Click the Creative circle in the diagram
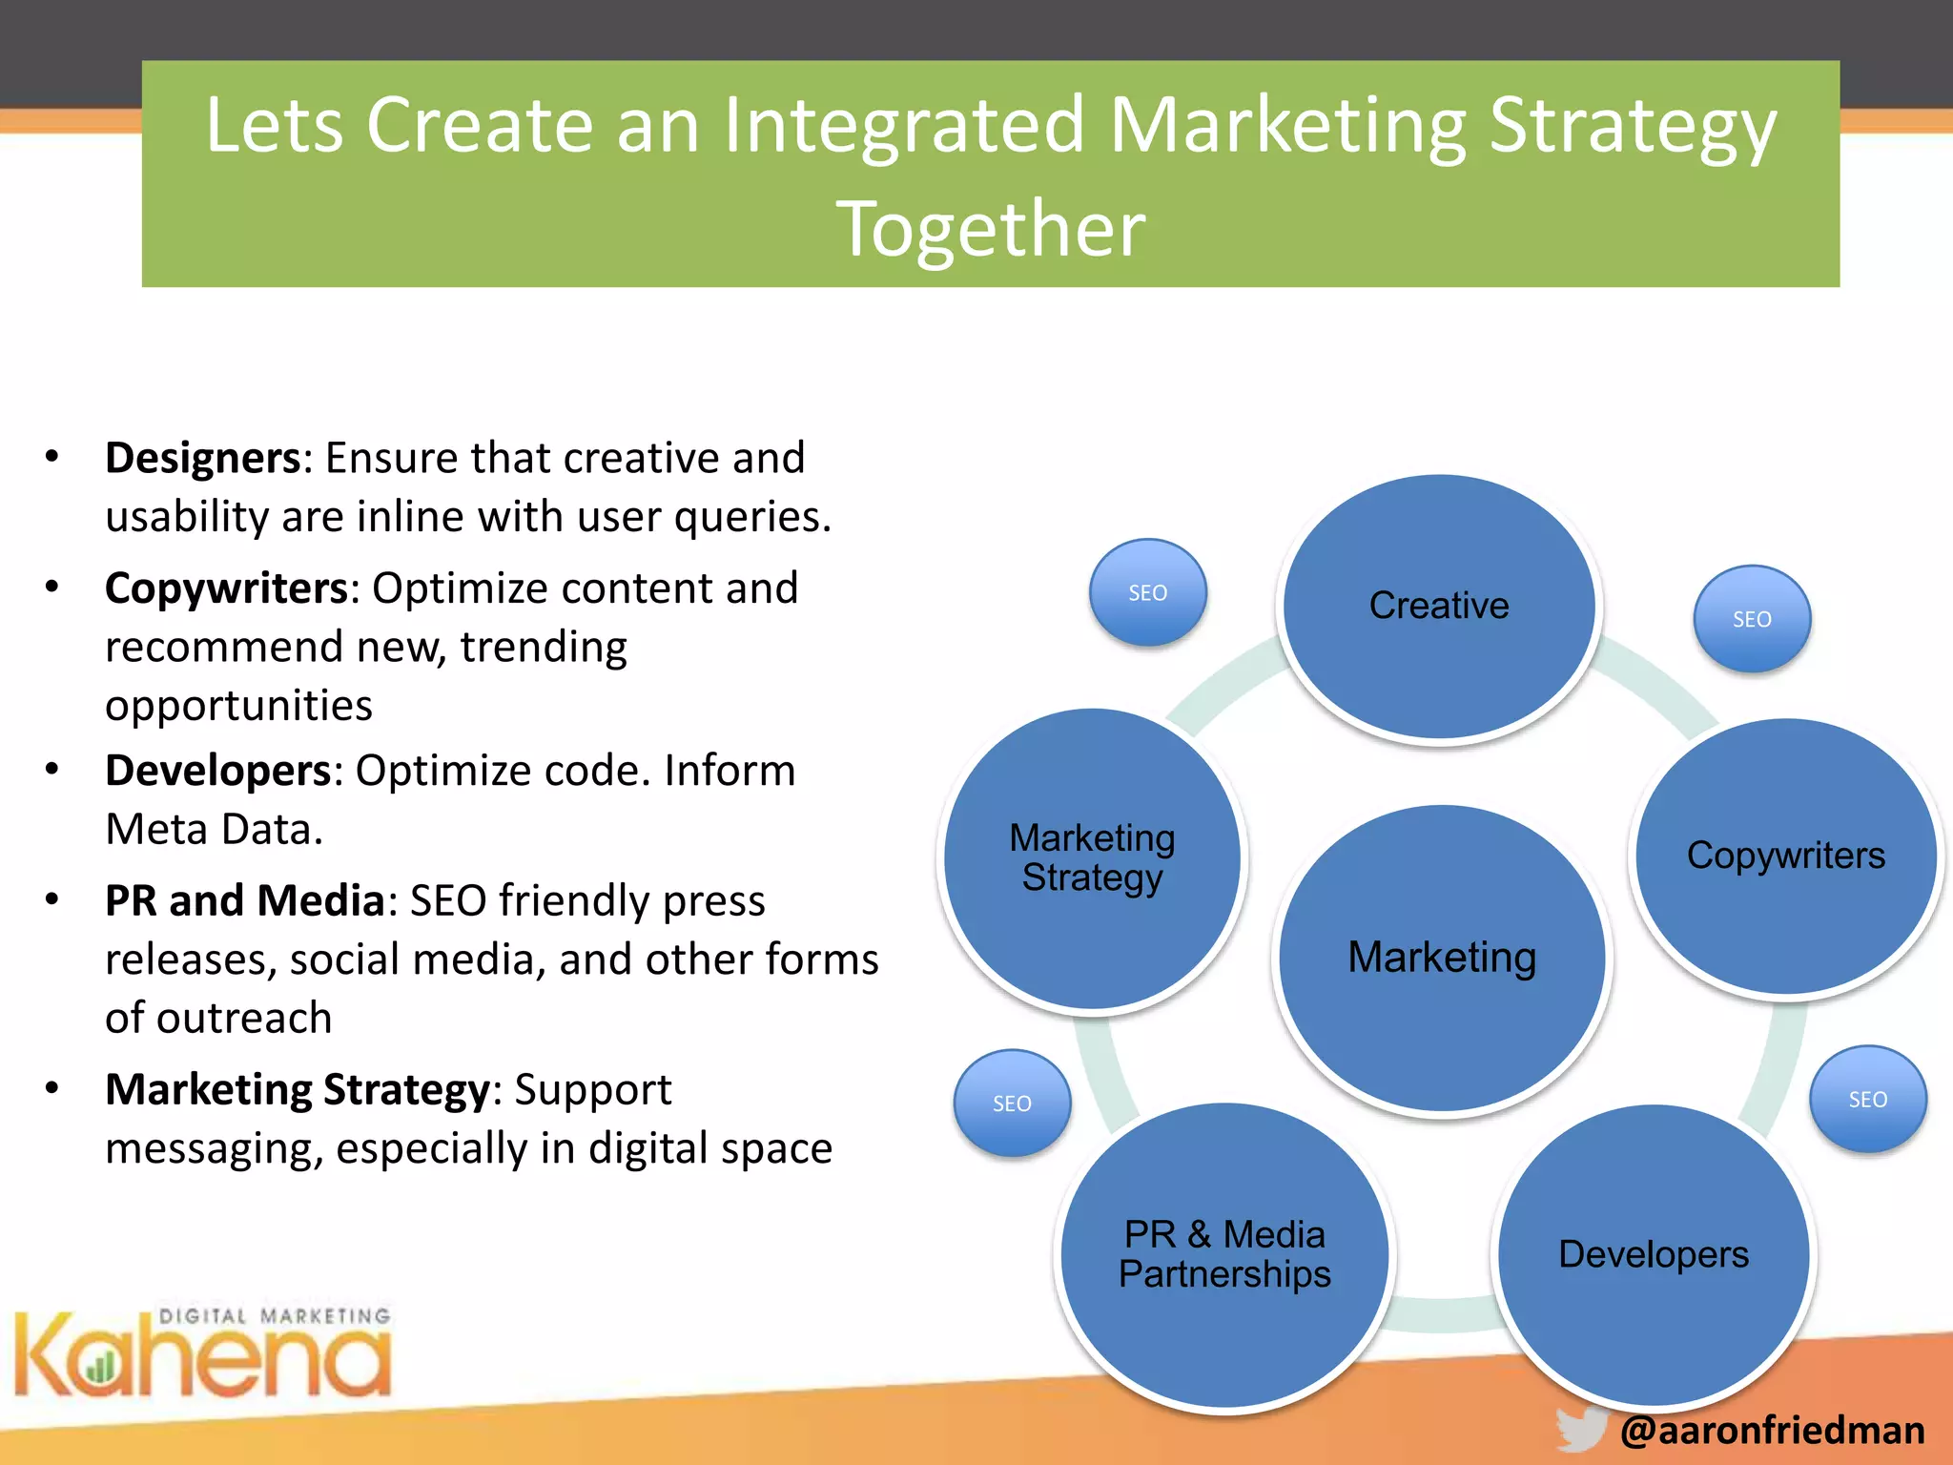pos(1439,607)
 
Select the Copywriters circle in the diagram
pos(1786,856)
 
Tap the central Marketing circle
pos(1442,958)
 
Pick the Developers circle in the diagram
pos(1654,1255)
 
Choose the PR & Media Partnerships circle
pos(1225,1255)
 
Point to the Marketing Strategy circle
pos(1093,857)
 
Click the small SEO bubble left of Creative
pos(1147,592)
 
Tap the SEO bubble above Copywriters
pos(1752,619)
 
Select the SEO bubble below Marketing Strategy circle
pos(1012,1104)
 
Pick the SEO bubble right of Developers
pos(1867,1100)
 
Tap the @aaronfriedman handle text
pos(1772,1431)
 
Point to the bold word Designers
pos(203,458)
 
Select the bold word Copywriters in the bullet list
pos(226,588)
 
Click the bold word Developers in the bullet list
pos(217,771)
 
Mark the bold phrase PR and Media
pos(244,901)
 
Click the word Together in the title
pos(991,229)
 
